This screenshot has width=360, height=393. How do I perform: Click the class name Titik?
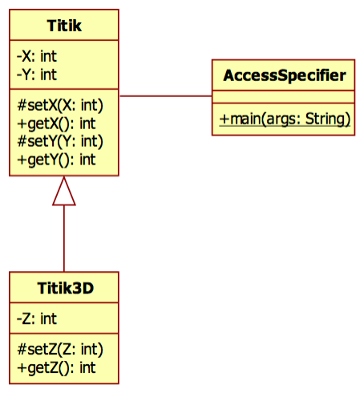tap(64, 28)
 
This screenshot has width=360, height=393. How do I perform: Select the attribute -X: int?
tap(37, 58)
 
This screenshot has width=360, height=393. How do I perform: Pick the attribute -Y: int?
tap(37, 75)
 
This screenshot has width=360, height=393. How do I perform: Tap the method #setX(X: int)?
tap(60, 105)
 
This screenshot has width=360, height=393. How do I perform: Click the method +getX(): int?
tap(56, 123)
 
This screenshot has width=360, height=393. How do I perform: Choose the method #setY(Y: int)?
tap(60, 141)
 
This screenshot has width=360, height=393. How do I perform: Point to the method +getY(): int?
tap(56, 159)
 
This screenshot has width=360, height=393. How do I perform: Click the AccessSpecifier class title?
tap(284, 76)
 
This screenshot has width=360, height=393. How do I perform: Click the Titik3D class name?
tap(64, 289)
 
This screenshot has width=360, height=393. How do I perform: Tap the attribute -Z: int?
tap(37, 318)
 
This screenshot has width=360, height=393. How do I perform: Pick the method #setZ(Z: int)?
tap(60, 349)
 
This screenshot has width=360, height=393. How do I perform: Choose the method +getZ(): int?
tap(56, 367)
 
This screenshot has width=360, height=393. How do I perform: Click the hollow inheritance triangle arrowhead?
tap(64, 192)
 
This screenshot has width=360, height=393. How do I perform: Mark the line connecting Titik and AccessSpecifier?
tap(165, 96)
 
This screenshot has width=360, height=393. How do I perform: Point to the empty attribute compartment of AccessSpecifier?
tap(284, 98)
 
